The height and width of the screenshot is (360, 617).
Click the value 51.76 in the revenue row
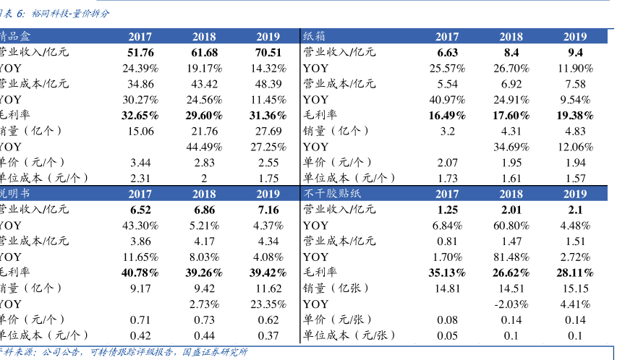(140, 53)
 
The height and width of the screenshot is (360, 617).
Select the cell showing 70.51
(268, 53)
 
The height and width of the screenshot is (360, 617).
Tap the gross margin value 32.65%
(140, 116)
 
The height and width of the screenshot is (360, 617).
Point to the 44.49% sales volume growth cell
(204, 147)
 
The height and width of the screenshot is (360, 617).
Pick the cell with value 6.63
(448, 53)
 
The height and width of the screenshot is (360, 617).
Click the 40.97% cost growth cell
(448, 100)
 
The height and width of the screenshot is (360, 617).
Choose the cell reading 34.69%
(511, 147)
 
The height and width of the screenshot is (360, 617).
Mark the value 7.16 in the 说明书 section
(268, 210)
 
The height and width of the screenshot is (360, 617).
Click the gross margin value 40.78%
(140, 273)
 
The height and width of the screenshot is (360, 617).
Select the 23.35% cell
(268, 304)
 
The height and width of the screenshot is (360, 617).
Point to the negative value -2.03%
(511, 304)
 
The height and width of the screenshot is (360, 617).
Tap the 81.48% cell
(511, 257)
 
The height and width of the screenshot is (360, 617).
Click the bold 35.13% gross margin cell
(448, 273)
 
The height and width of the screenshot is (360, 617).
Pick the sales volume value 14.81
(448, 288)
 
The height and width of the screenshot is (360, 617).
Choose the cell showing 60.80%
(511, 226)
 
